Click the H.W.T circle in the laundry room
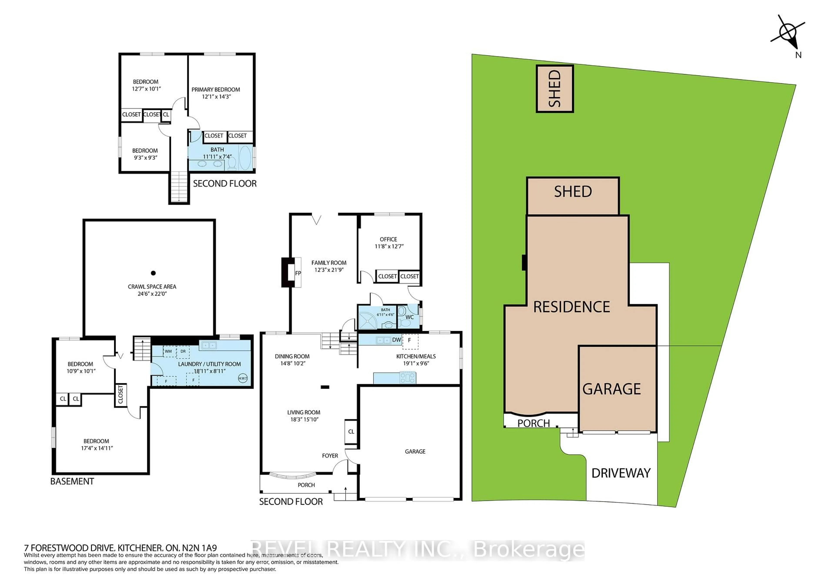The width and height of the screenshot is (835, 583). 243,378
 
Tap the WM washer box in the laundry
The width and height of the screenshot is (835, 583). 168,351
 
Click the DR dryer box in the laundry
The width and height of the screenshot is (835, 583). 183,351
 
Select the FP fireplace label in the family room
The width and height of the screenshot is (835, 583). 298,273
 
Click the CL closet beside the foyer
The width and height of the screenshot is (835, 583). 351,432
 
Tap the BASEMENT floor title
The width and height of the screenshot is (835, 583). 72,481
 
